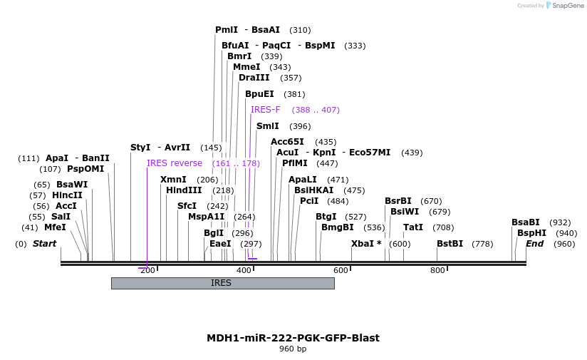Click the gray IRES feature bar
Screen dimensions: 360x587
(222, 283)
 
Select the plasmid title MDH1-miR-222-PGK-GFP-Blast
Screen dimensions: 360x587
(293, 338)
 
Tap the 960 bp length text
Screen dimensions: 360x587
(293, 349)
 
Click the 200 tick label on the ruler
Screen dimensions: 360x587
(147, 270)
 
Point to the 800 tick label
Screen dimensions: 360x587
(437, 270)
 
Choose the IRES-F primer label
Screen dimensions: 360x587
(266, 110)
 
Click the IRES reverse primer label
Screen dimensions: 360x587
(175, 163)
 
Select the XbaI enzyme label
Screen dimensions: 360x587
(366, 244)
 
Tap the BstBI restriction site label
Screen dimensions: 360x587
(450, 244)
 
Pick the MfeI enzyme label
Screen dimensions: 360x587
(55, 227)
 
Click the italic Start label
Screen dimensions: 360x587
(44, 244)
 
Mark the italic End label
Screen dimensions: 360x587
(534, 244)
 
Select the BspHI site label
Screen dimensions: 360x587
(531, 233)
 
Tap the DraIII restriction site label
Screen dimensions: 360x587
(254, 78)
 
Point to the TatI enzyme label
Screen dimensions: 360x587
(413, 227)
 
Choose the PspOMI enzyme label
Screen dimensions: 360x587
(85, 169)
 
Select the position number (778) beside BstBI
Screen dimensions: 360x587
(482, 244)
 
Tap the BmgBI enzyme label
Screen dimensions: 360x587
(337, 227)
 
